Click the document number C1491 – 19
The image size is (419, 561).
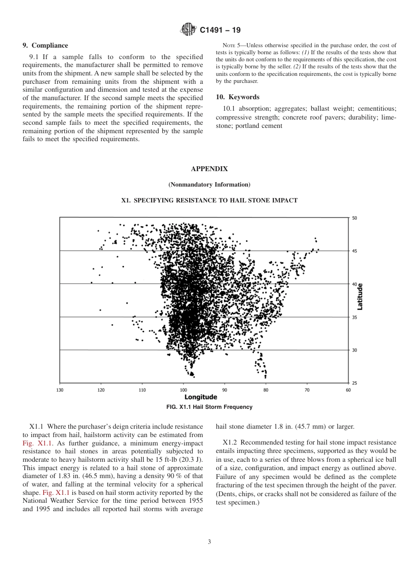(220, 30)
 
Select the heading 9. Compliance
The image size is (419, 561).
(45, 45)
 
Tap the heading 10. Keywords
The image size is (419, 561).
(237, 97)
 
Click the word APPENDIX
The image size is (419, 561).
(209, 169)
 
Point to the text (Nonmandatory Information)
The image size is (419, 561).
(209, 184)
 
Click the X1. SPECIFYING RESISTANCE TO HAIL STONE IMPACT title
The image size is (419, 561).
(209, 200)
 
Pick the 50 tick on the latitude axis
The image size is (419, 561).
(355, 218)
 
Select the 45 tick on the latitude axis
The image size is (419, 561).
(355, 251)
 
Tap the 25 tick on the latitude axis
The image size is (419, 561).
(355, 383)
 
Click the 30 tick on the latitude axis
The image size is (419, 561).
(355, 350)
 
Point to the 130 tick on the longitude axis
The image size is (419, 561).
(60, 390)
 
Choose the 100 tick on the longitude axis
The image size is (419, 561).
(183, 390)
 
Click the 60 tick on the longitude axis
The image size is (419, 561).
(348, 390)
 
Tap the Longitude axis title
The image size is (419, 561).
(201, 397)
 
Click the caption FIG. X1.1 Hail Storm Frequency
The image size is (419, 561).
(209, 407)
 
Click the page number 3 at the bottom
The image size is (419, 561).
(209, 542)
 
